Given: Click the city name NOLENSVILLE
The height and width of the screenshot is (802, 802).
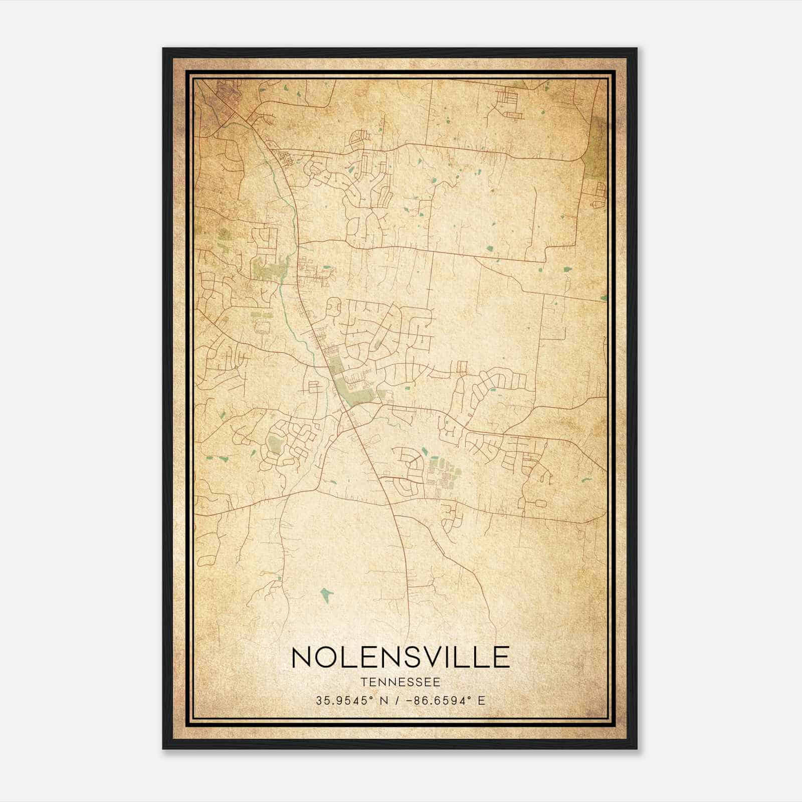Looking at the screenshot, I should pyautogui.click(x=400, y=657).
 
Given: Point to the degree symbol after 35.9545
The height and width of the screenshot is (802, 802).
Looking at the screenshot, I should pyautogui.click(x=373, y=698).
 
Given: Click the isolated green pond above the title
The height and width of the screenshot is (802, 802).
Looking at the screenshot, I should pyautogui.click(x=326, y=595).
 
